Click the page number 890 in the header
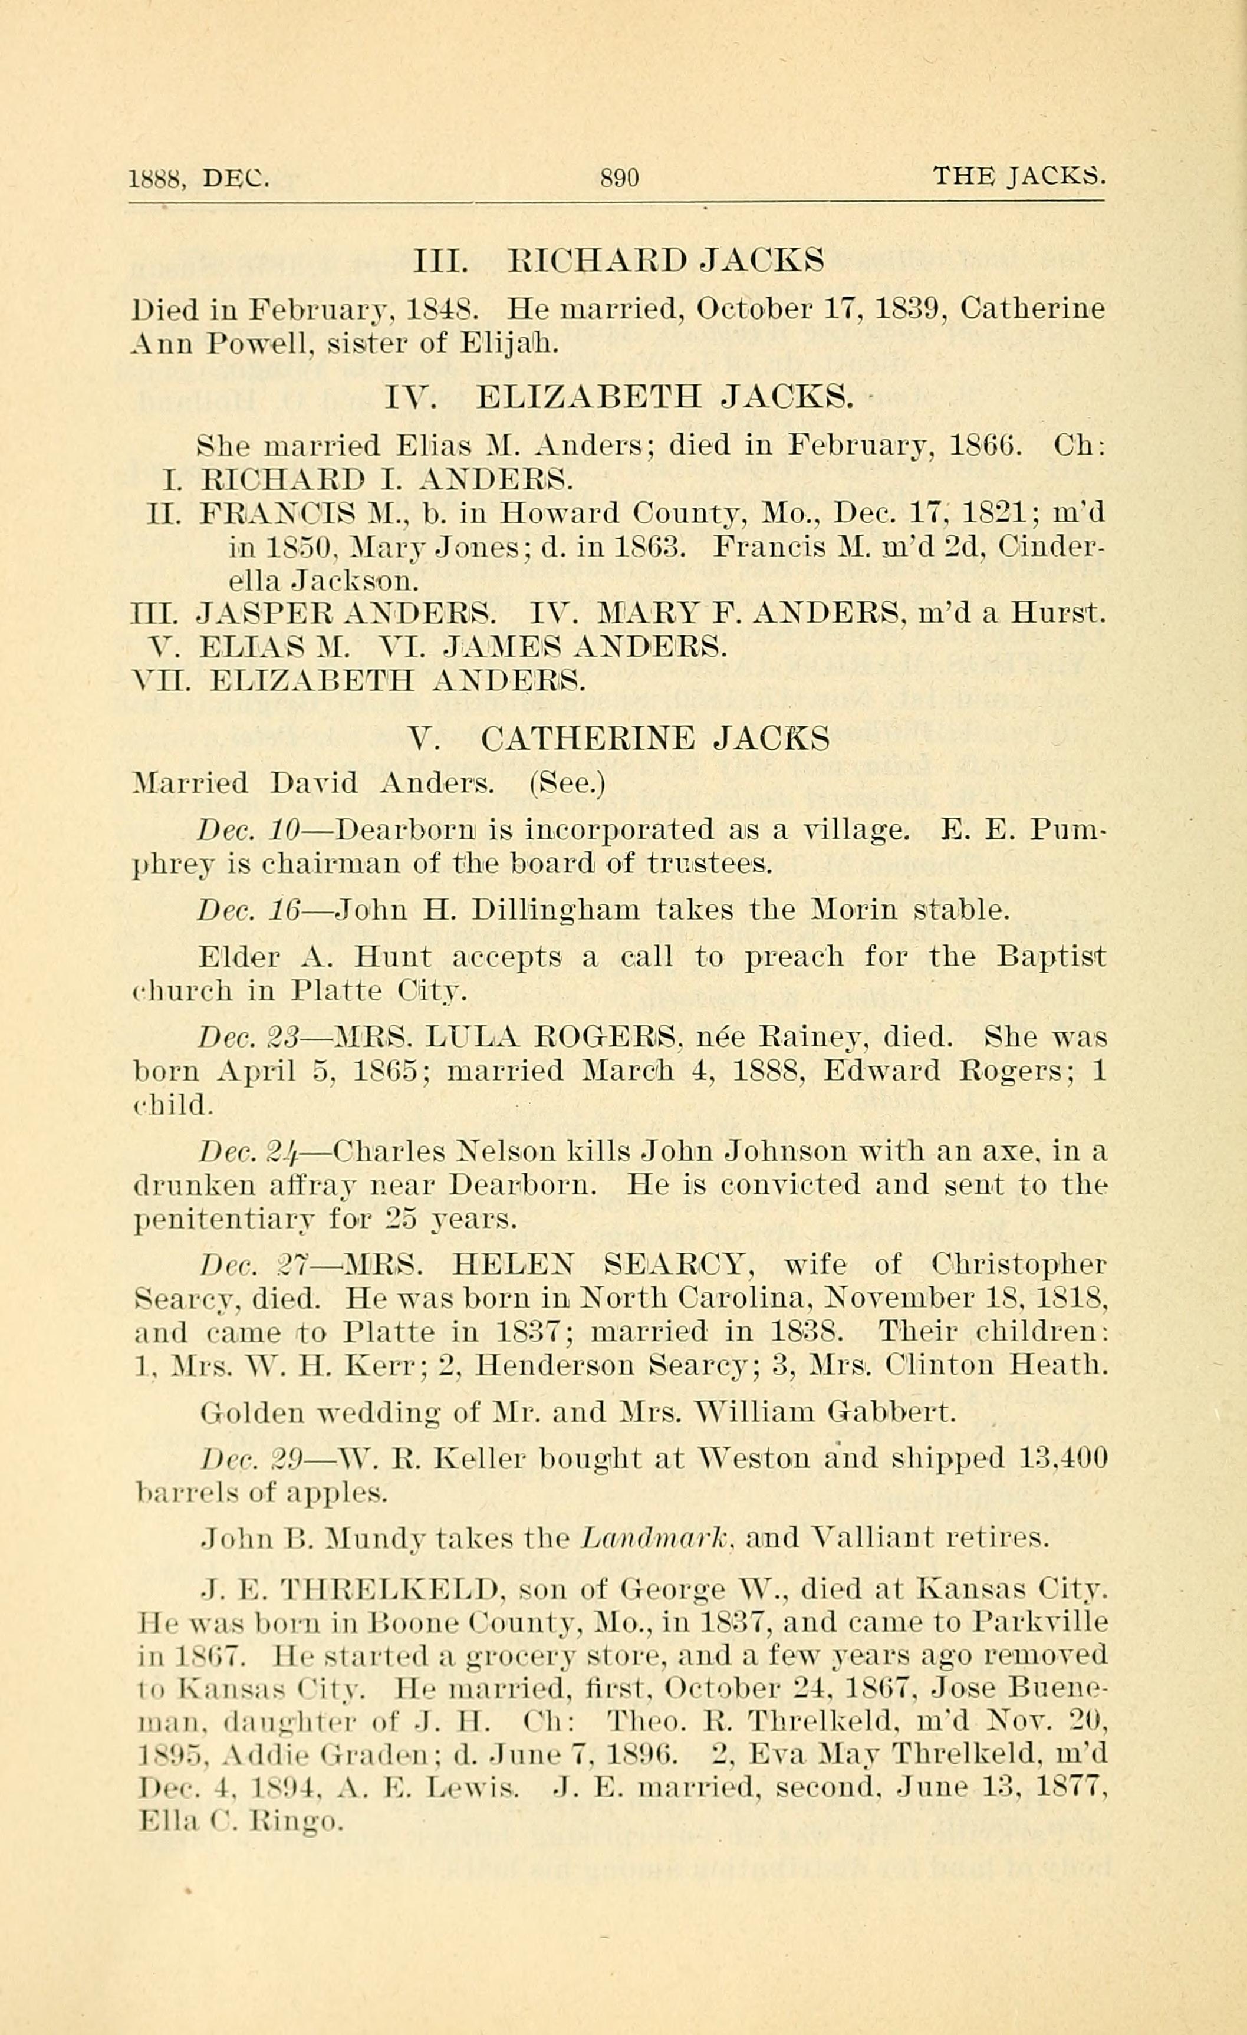click(x=620, y=177)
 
